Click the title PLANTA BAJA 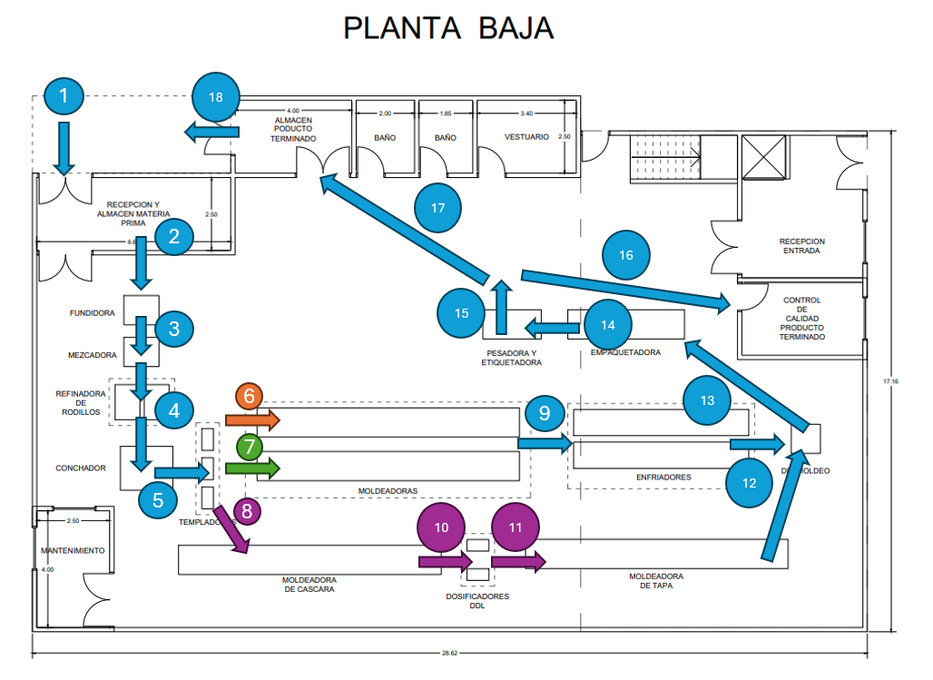pos(448,28)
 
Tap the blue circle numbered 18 pos(216,95)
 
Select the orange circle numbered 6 pos(249,397)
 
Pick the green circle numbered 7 pos(249,447)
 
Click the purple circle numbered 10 pos(442,527)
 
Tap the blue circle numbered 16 pos(626,255)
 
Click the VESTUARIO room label pos(526,137)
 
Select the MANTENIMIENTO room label pos(73,550)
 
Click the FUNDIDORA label pos(92,313)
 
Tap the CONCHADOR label pos(81,468)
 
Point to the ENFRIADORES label pos(663,477)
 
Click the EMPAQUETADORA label pos(625,351)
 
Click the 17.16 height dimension pos(893,381)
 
